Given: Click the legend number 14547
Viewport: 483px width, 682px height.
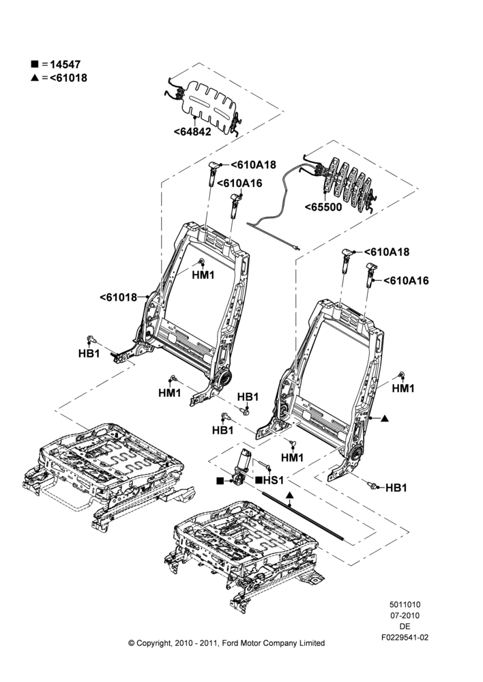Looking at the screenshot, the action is [65, 64].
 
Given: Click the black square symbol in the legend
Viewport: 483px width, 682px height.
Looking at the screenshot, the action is [34, 64].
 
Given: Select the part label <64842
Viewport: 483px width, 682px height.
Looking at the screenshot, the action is [192, 132].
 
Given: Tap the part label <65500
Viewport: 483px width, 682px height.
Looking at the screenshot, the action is [323, 207].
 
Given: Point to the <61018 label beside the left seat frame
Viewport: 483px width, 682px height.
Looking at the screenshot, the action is [118, 297].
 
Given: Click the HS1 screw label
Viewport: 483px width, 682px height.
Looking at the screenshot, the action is [274, 480].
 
